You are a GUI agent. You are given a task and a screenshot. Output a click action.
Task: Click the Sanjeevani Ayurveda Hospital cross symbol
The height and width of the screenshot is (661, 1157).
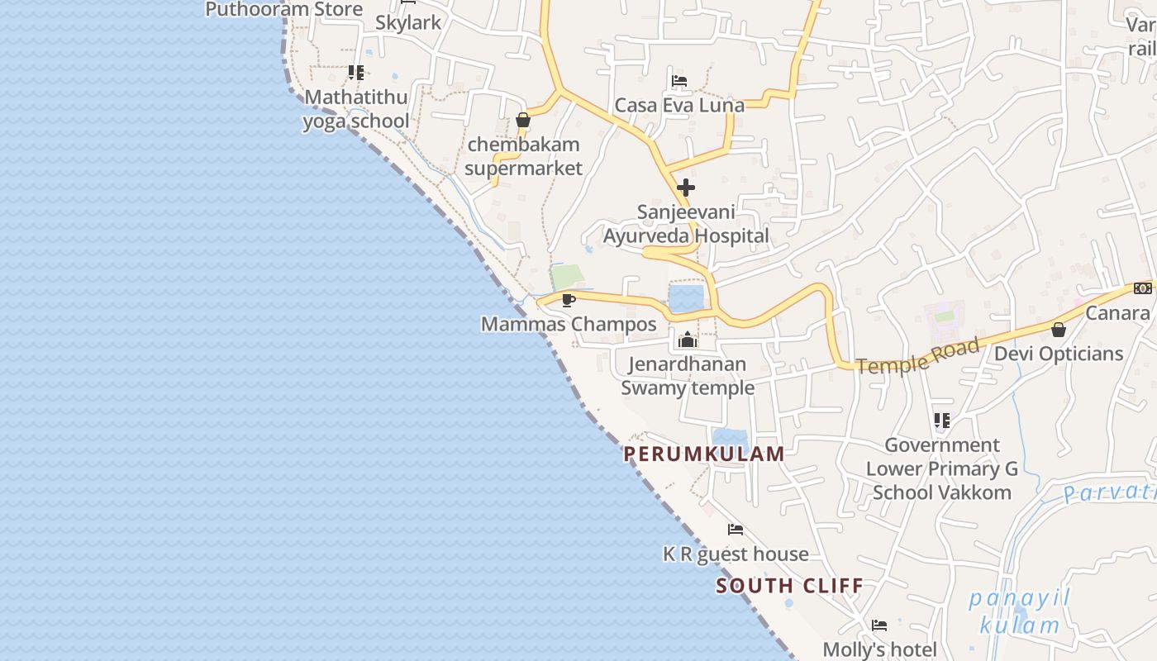click(685, 188)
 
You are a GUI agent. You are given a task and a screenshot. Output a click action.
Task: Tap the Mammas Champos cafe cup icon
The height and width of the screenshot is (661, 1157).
click(568, 300)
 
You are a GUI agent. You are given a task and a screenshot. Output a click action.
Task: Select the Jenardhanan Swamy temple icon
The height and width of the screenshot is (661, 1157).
click(687, 339)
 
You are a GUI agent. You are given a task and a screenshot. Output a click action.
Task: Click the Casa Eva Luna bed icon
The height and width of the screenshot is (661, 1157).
click(678, 81)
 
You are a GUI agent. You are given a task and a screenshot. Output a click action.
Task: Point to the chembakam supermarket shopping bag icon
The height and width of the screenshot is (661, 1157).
click(522, 121)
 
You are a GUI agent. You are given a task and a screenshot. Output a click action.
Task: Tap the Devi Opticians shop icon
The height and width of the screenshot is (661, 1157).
click(1058, 330)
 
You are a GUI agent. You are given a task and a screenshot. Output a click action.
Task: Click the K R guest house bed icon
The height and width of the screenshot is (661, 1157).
click(735, 530)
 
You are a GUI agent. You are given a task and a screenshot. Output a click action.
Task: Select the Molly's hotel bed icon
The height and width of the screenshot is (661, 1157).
click(879, 625)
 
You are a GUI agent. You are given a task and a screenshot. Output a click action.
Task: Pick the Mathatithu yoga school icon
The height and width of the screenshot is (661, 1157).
click(355, 73)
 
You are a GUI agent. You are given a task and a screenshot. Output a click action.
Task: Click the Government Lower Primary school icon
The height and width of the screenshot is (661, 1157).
click(941, 421)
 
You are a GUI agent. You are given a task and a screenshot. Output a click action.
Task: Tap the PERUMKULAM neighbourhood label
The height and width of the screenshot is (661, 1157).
click(703, 454)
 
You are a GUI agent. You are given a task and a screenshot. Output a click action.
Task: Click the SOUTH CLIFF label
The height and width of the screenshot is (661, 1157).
click(789, 586)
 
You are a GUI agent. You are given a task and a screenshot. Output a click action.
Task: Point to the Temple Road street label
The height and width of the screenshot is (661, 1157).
click(917, 355)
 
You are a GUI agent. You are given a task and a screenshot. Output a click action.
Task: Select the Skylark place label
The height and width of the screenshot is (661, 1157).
click(408, 22)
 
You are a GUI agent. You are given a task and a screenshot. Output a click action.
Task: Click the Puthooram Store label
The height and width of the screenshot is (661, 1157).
click(283, 9)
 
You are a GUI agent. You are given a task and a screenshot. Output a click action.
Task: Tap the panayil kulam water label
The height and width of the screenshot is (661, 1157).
click(1019, 611)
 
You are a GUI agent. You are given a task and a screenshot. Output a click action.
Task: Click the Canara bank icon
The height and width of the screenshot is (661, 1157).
click(1143, 288)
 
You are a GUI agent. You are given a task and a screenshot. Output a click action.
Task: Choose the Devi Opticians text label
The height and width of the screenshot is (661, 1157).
click(1058, 354)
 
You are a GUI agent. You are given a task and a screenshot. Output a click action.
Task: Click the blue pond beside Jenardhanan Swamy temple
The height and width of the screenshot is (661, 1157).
click(686, 297)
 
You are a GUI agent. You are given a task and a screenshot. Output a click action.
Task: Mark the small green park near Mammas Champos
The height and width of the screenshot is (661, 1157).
click(567, 277)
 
